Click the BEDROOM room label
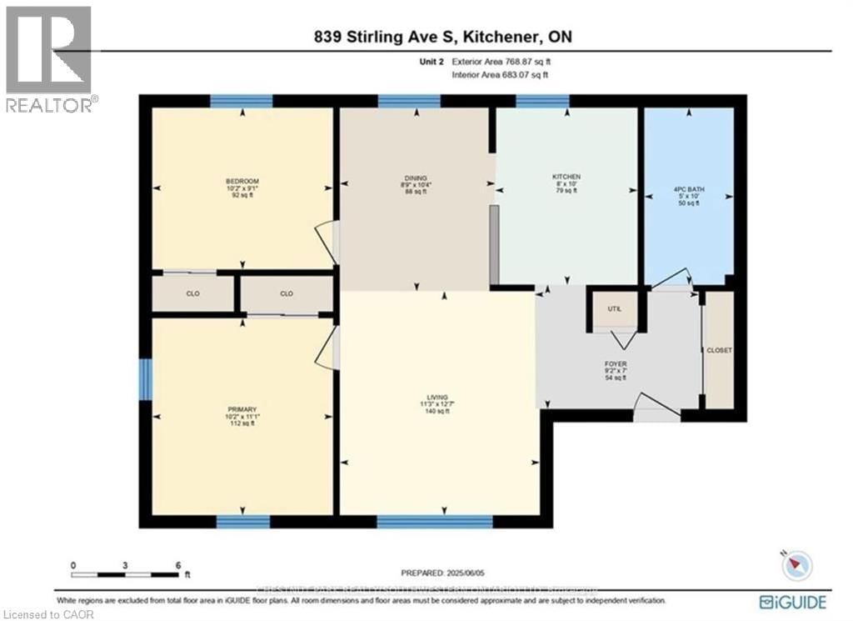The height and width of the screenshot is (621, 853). click(242, 182)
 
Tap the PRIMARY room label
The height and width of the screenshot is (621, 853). click(242, 409)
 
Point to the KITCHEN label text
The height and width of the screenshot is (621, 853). click(566, 178)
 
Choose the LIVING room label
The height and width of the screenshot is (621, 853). click(437, 397)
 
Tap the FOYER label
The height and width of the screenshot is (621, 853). click(616, 364)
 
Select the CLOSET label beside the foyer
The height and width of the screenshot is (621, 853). click(719, 351)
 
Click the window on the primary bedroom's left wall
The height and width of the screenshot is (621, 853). click(145, 378)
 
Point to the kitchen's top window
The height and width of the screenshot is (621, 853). click(541, 102)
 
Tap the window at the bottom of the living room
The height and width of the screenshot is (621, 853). click(434, 522)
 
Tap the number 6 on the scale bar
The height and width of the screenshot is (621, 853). click(177, 565)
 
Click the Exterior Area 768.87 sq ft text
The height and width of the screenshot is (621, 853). click(499, 62)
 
